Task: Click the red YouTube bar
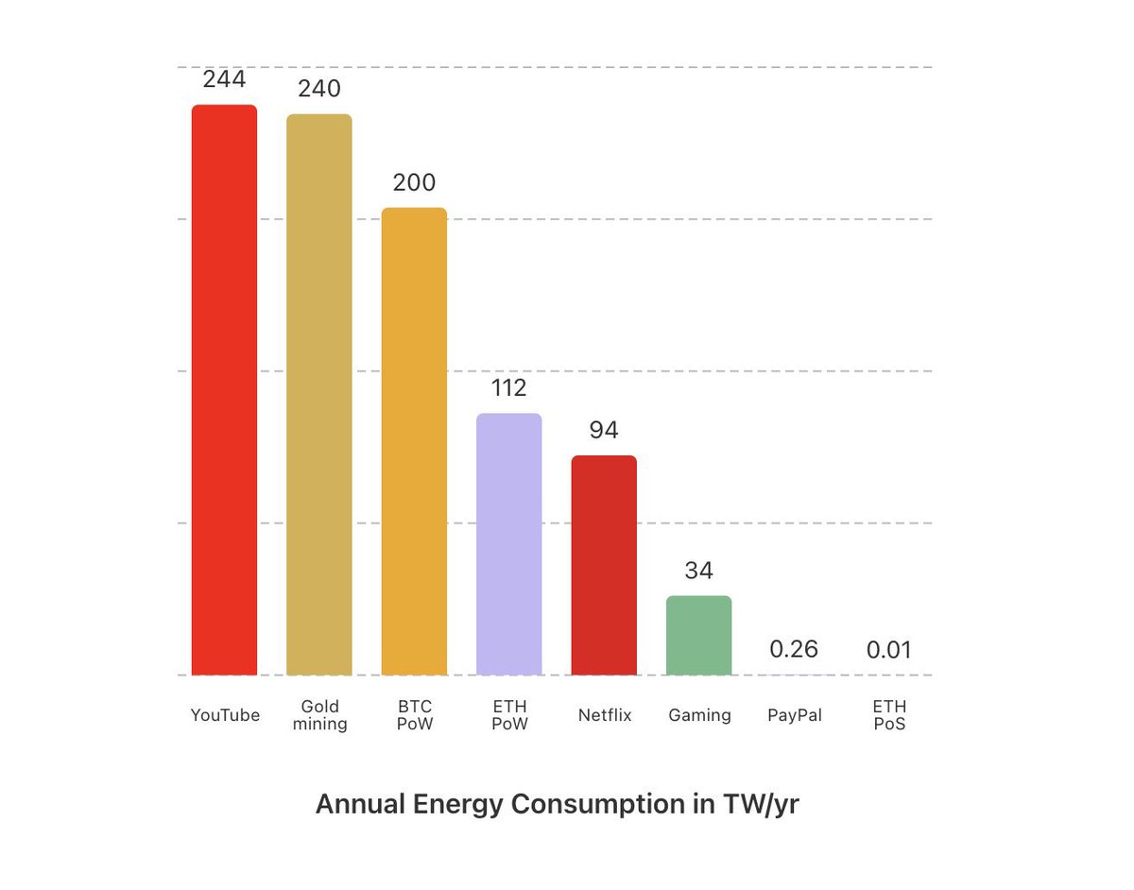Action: pos(224,389)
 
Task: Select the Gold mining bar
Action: pos(319,395)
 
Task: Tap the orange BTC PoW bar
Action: pos(414,441)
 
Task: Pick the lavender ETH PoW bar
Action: pos(509,544)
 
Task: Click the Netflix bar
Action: pos(604,565)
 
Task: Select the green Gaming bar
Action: pos(698,635)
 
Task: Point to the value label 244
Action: pos(224,79)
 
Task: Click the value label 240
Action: pos(319,89)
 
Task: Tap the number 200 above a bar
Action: pos(414,182)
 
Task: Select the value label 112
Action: pos(509,388)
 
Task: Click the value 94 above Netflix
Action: pos(604,431)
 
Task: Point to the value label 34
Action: pos(698,571)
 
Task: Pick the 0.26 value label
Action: pos(794,649)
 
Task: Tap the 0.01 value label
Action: pos(889,650)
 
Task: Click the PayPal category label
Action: pos(794,715)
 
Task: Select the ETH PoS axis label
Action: pos(889,715)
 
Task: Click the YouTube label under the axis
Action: pos(225,715)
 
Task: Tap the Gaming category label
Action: pos(699,715)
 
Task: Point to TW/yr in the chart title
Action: pos(761,805)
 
